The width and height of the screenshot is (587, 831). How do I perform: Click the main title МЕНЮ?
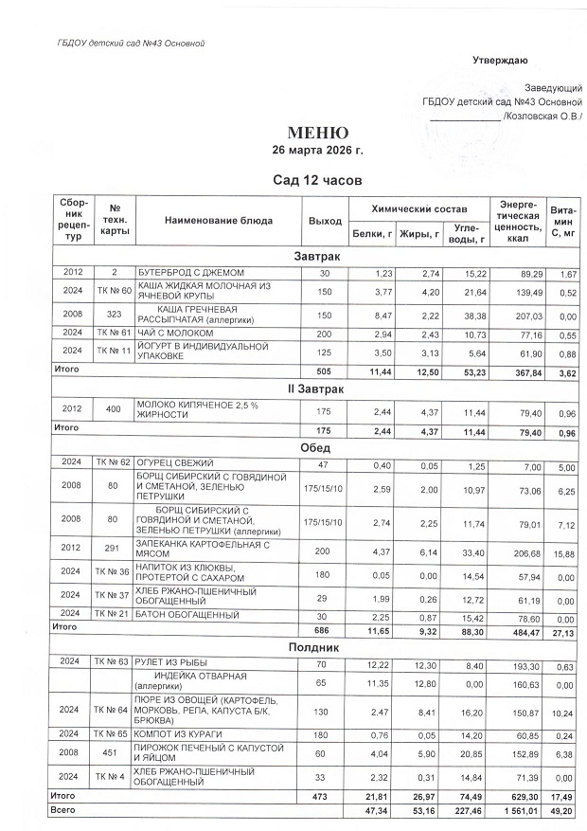click(317, 133)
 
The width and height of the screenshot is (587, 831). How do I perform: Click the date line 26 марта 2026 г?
click(317, 150)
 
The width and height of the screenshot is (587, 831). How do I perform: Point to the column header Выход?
click(325, 220)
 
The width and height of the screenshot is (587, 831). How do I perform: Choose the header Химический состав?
click(416, 208)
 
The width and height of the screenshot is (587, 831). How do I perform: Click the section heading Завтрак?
click(317, 257)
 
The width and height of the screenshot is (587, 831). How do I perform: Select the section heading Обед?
click(317, 448)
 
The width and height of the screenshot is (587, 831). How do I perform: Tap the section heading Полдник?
click(317, 646)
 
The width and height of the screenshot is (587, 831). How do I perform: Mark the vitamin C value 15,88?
click(564, 549)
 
